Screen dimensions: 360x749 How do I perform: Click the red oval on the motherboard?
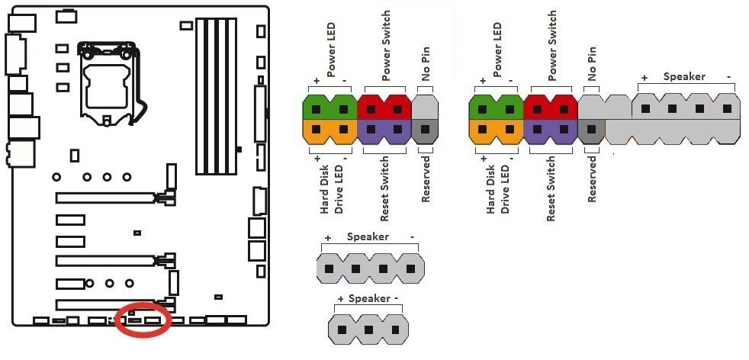click(144, 320)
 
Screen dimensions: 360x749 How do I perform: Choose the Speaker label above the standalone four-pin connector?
click(368, 237)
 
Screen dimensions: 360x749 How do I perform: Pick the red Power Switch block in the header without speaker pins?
click(384, 106)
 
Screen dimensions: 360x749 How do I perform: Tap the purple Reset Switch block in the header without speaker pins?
click(384, 131)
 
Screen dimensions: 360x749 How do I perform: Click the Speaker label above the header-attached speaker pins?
click(684, 76)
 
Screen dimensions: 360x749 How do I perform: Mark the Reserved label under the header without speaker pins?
click(426, 179)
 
